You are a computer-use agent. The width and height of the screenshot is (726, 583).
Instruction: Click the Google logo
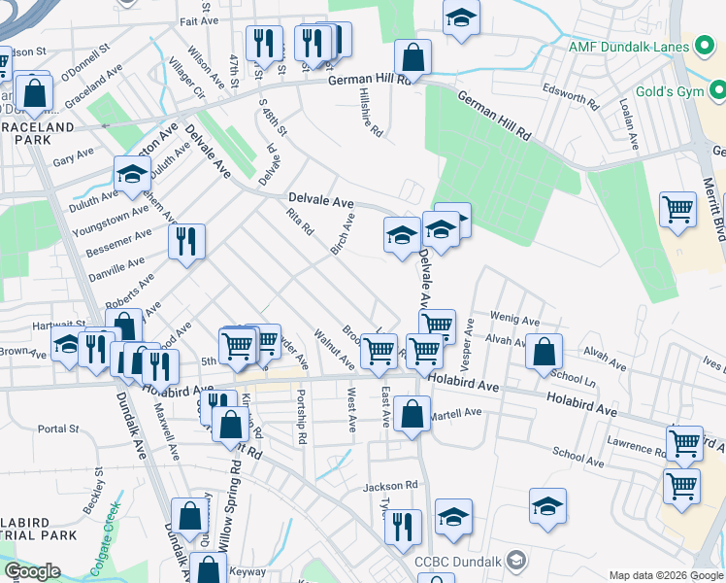tap(32, 571)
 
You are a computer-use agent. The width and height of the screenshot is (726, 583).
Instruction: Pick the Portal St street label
tap(58, 429)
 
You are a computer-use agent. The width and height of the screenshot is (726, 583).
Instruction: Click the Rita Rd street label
tap(300, 223)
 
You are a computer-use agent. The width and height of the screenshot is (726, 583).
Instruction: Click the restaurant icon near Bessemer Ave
tap(186, 243)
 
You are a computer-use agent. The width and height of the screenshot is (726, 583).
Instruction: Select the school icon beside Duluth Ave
tap(132, 176)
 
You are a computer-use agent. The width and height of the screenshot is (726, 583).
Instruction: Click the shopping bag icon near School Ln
tap(544, 354)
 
